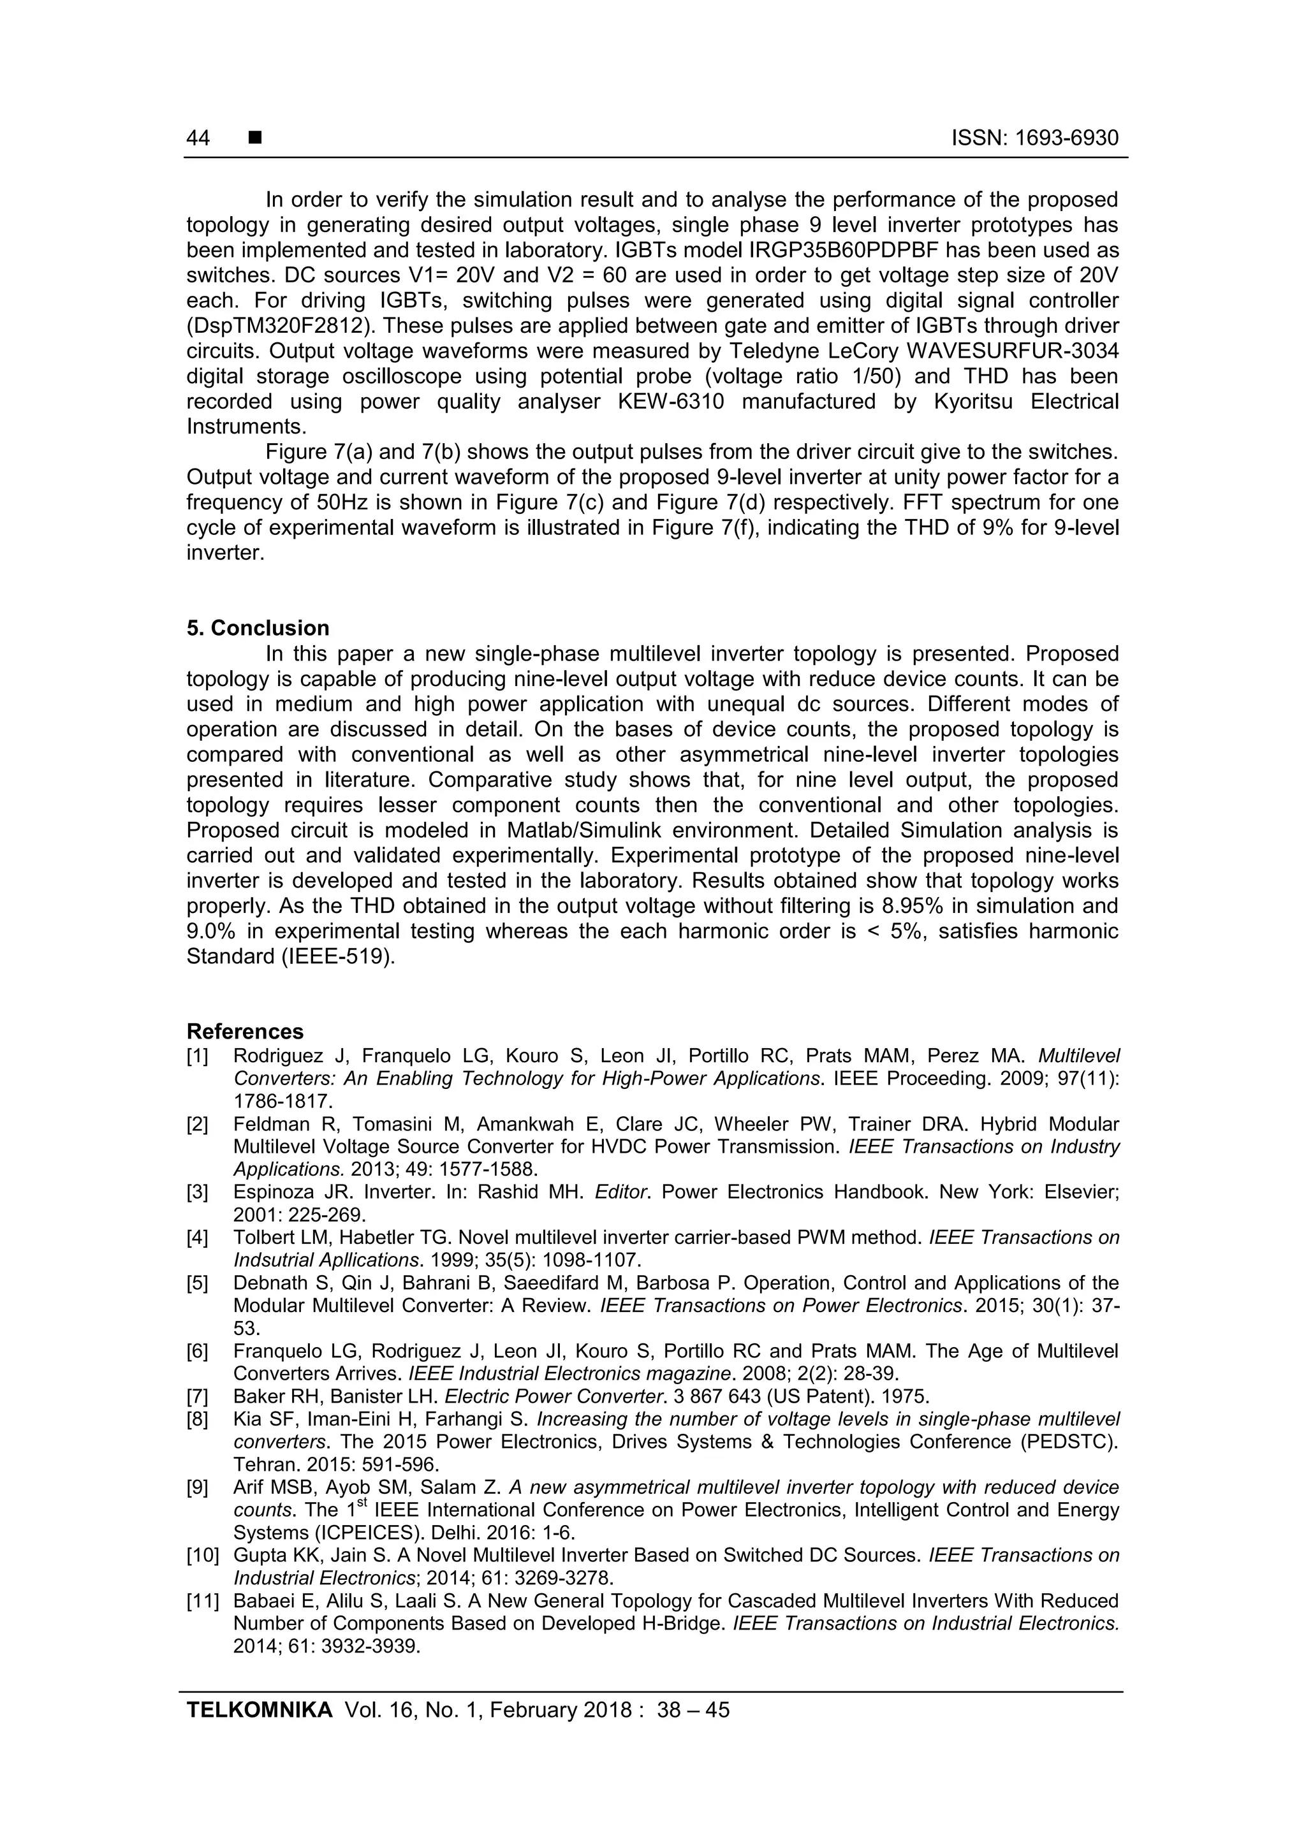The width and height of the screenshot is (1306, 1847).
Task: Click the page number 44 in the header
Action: (x=198, y=138)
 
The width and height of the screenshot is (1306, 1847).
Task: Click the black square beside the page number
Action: (x=255, y=138)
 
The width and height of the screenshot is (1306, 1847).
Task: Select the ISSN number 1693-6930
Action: (x=1066, y=138)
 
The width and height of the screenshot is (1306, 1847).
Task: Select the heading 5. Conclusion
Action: (x=258, y=628)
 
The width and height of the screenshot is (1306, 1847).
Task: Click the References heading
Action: (x=245, y=1032)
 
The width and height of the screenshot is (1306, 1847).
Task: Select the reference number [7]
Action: (x=197, y=1396)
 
